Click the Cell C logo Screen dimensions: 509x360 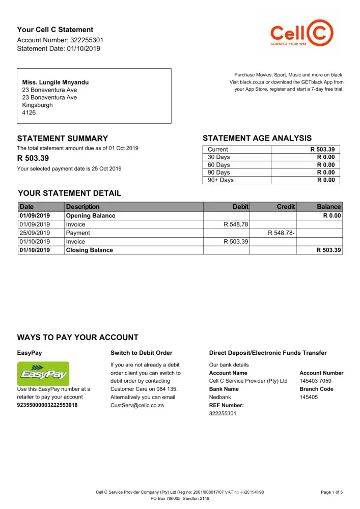coord(302,34)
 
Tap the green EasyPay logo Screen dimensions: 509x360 coord(43,374)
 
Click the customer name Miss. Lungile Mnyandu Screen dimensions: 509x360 coord(56,82)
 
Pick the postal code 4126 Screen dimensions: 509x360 coord(29,113)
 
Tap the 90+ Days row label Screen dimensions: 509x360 coord(220,180)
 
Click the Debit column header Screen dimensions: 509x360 coord(240,207)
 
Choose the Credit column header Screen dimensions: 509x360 coord(286,207)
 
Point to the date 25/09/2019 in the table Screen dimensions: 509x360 coord(35,233)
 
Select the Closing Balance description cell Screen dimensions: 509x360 coord(90,250)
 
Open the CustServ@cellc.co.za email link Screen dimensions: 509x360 coord(137,406)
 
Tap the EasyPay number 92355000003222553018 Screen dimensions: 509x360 coord(47,406)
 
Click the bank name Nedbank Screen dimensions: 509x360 coord(220,397)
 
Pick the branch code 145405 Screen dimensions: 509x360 coord(309,397)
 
